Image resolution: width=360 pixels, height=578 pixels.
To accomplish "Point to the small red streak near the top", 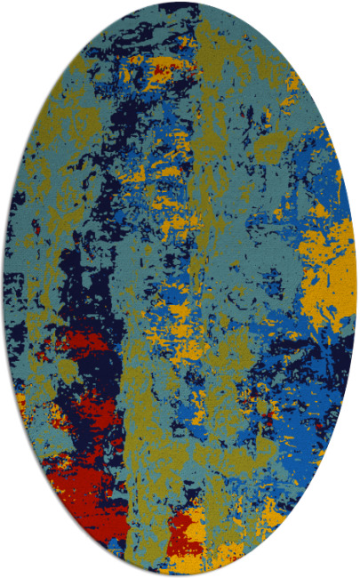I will coord(160,67).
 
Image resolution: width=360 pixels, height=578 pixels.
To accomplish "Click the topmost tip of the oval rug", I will coord(180,3).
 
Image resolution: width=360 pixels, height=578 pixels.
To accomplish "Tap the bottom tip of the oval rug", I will coord(180,574).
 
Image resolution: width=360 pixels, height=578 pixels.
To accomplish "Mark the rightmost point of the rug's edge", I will coord(356,289).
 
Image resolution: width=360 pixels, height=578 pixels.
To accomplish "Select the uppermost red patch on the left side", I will coord(76,342).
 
